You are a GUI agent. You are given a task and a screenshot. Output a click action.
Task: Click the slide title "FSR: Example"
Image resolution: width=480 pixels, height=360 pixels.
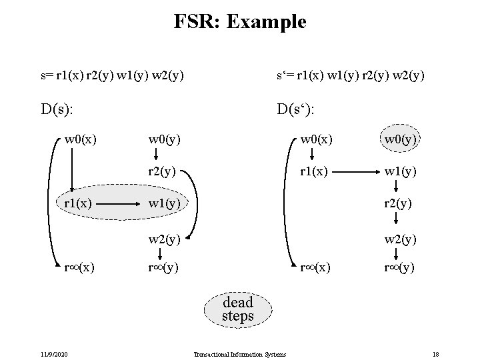[x=240, y=21]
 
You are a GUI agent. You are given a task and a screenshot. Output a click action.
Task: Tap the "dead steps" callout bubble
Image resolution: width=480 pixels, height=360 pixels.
[x=238, y=309]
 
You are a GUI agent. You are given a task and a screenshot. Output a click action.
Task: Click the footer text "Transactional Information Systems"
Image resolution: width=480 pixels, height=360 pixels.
[x=239, y=354]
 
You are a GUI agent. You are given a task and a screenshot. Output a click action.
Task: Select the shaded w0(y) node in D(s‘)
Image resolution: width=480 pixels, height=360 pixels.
[x=399, y=140]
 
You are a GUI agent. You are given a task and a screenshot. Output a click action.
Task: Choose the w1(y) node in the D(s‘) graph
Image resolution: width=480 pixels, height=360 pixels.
[x=399, y=171]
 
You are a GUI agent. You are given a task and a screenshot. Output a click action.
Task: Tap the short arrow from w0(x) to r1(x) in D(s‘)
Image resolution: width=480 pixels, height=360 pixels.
[x=313, y=155]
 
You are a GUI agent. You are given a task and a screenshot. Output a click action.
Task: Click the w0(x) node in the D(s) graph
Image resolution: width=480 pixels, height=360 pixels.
[x=79, y=140]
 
